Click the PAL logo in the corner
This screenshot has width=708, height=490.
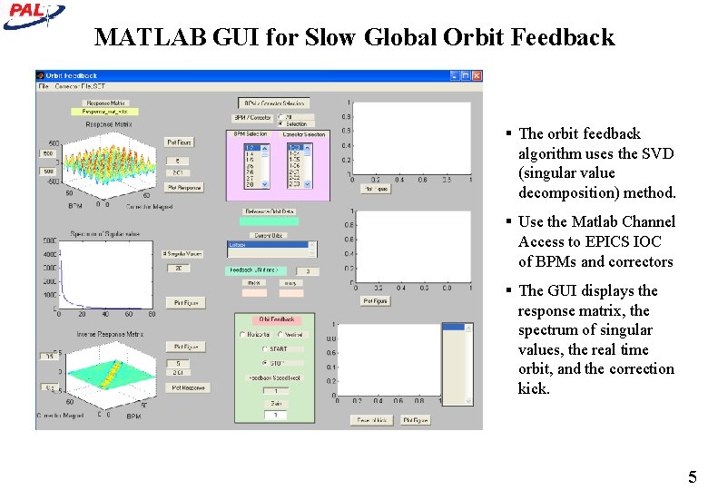tap(33, 13)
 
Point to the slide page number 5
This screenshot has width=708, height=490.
tap(692, 477)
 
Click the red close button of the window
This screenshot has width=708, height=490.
tap(477, 76)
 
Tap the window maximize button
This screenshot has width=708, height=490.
tap(465, 76)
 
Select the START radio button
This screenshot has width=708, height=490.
tap(264, 348)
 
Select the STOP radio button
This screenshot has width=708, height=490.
tap(264, 363)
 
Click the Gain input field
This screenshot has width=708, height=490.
tap(275, 415)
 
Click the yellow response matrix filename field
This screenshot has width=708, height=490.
tap(105, 112)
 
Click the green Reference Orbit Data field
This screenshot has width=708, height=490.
tap(269, 220)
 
